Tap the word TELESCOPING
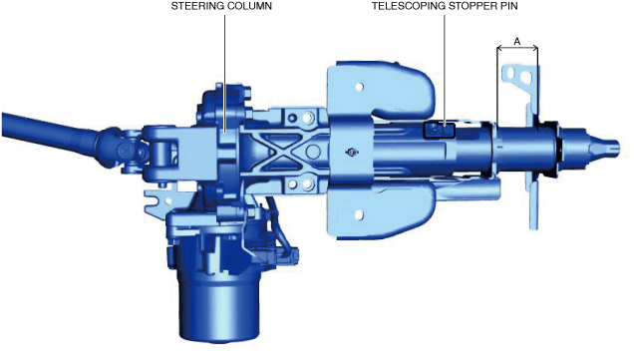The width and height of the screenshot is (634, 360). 405,6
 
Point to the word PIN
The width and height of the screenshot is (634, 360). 505,6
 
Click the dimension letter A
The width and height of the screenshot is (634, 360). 517,41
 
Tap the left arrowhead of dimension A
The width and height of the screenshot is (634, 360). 500,49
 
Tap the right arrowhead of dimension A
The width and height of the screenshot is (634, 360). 534,49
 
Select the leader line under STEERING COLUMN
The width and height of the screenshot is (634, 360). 224,73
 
